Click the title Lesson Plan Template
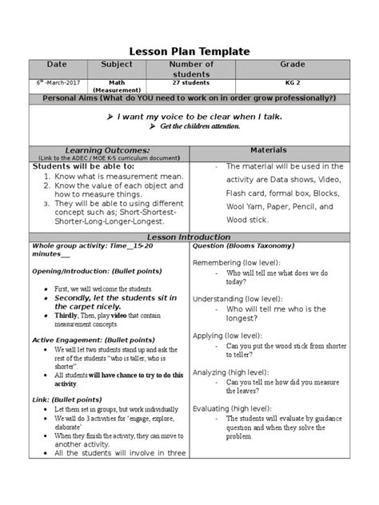pos(189,51)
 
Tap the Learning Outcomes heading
pos(107,149)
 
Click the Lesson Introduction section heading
pos(189,237)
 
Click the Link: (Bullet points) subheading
pos(69,398)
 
